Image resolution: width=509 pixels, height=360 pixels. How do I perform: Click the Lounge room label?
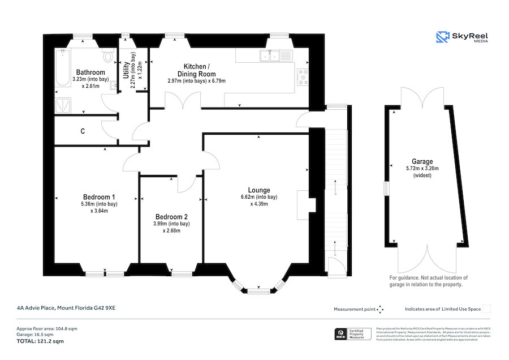click(258, 190)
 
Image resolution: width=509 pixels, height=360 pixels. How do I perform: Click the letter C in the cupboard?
click(83, 131)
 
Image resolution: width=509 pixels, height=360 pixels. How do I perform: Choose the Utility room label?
click(126, 71)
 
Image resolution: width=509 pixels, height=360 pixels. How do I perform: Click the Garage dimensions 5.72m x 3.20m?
click(422, 169)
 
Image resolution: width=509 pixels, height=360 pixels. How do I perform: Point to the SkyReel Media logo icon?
click(442, 37)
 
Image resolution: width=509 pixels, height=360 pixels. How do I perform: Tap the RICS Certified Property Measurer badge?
click(353, 334)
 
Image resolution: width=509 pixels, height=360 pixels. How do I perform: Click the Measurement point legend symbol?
click(380, 309)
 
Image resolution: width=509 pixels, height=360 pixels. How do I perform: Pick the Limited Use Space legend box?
click(486, 309)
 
